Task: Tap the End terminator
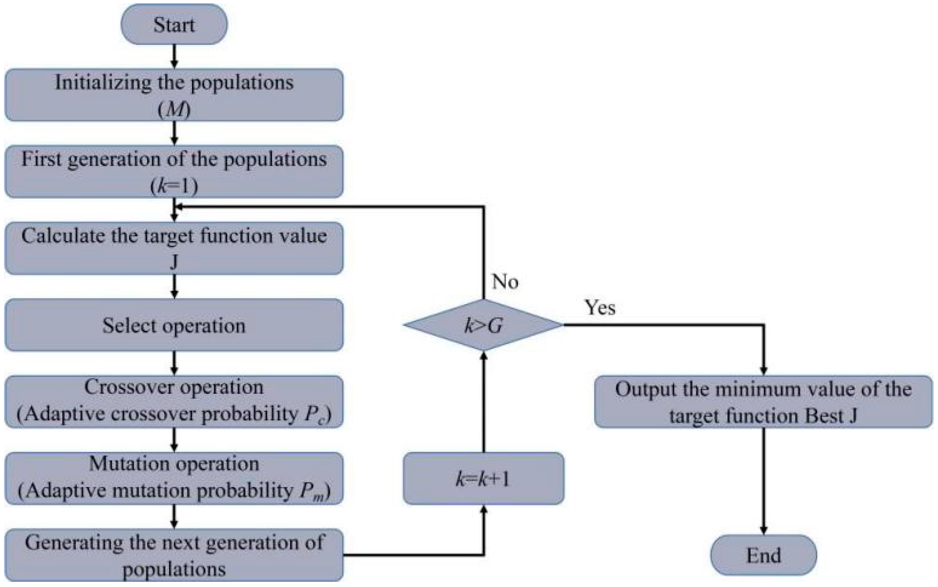763,555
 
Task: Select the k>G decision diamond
483,325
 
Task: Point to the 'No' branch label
505,282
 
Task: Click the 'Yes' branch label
600,308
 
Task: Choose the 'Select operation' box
174,325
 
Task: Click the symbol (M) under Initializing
174,110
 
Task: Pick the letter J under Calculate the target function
174,262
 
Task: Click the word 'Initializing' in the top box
102,83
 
